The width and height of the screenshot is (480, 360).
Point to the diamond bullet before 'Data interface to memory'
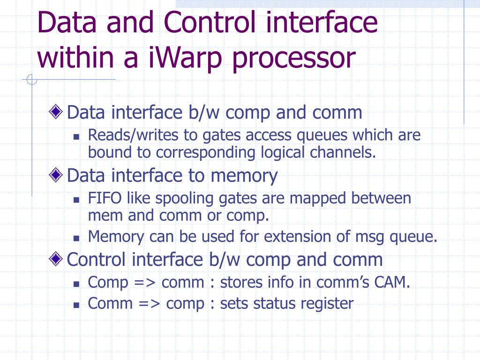tap(56, 175)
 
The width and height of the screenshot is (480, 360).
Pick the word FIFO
tap(105, 198)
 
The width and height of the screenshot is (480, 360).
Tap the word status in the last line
tap(269, 303)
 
